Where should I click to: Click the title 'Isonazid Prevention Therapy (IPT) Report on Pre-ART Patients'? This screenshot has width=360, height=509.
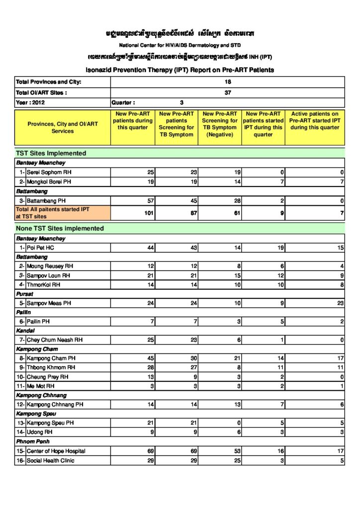[180, 70]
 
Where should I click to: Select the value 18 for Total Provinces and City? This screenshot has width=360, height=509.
[228, 82]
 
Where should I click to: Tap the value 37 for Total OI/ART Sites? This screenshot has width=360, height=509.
[228, 92]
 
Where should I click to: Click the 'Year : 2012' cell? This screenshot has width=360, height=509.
[31, 103]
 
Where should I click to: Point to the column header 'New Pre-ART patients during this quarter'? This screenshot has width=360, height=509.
[132, 121]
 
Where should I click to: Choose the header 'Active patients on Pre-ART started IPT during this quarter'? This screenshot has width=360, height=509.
[314, 121]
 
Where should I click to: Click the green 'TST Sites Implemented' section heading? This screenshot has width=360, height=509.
[51, 153]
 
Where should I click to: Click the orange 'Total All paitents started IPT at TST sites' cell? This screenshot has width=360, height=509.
[53, 213]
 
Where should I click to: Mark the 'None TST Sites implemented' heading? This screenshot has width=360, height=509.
[60, 229]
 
